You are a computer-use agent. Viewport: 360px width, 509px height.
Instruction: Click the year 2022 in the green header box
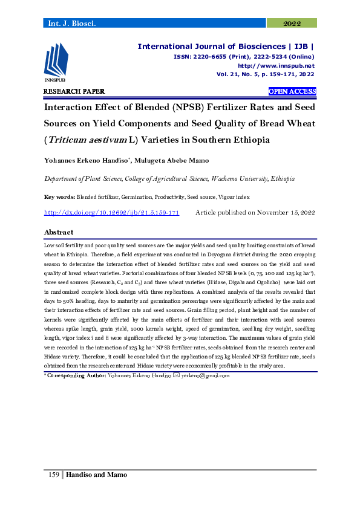pyautogui.click(x=292, y=23)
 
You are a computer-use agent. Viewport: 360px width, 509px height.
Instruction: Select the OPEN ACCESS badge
pyautogui.click(x=292, y=91)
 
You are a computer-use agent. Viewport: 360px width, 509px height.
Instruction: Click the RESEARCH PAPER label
pyautogui.click(x=74, y=91)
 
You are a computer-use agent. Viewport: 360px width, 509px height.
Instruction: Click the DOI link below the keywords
pyautogui.click(x=112, y=213)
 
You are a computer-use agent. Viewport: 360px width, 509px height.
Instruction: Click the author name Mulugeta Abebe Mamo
pyautogui.click(x=182, y=161)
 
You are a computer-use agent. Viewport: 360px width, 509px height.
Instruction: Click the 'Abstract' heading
pyautogui.click(x=59, y=232)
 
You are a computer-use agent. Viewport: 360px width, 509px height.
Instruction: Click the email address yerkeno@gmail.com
pyautogui.click(x=206, y=375)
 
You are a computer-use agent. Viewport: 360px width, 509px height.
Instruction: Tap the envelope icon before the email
pyautogui.click(x=176, y=375)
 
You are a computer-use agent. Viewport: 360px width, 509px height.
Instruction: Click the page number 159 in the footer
pyautogui.click(x=53, y=475)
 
